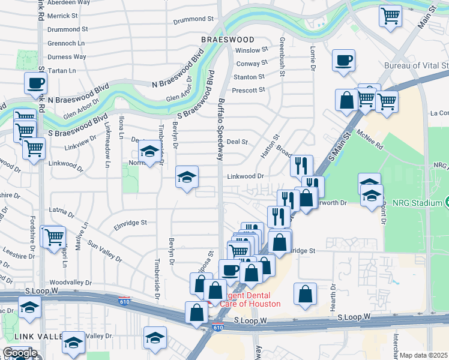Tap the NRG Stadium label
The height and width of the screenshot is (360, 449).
click(415, 203)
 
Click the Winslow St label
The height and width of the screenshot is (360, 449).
click(251, 50)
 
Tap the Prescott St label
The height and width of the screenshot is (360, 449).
click(249, 90)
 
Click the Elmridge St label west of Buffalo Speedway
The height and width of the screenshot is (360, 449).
click(130, 223)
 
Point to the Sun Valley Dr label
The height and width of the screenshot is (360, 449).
click(104, 251)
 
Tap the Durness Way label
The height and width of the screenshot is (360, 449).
click(67, 57)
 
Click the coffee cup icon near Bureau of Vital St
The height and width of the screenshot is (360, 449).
click(343, 61)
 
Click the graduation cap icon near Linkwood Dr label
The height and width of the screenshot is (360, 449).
click(187, 177)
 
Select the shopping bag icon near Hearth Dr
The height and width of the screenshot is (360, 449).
click(306, 294)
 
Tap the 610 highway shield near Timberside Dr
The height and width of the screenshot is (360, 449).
click(124, 299)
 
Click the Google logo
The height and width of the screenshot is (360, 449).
click(20, 353)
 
